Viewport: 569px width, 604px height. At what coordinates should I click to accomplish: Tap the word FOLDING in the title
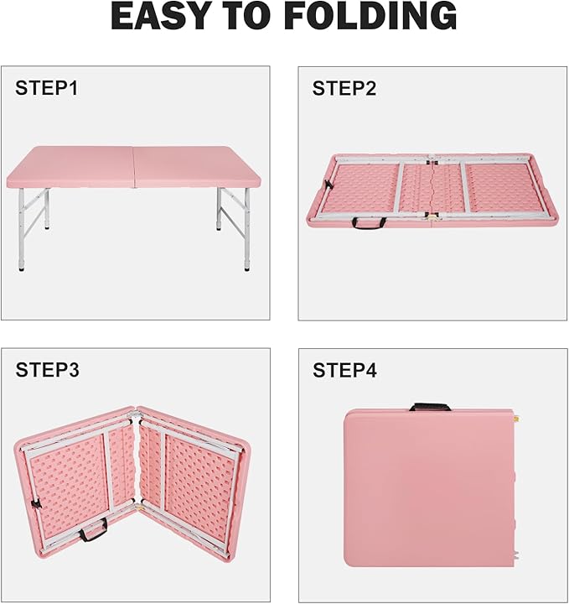[372, 16]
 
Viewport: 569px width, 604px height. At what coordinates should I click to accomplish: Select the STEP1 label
[47, 88]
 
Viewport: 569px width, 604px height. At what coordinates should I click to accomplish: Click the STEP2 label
[344, 88]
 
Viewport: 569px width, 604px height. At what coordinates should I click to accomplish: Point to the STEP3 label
[47, 370]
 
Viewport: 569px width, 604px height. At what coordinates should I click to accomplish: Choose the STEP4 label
[344, 370]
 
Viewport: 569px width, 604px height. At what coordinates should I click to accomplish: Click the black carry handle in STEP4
[430, 406]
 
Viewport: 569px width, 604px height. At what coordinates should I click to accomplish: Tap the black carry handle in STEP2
[370, 223]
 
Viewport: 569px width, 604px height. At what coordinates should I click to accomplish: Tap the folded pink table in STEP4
[430, 488]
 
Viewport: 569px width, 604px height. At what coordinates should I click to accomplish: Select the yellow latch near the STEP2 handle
[432, 217]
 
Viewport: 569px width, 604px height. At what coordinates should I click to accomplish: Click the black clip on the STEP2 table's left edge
[328, 185]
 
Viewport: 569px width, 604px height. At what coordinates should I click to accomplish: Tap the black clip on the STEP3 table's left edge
[36, 504]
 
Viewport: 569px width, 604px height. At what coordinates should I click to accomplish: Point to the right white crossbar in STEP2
[463, 188]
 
